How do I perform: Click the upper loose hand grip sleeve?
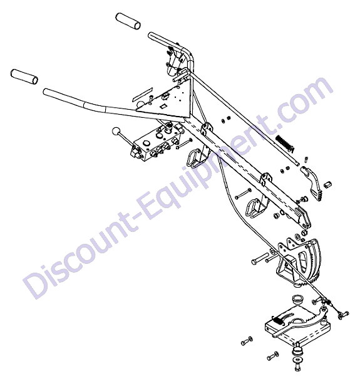click(x=128, y=21)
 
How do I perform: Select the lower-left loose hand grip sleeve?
click(x=24, y=76)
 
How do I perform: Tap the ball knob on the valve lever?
click(x=116, y=132)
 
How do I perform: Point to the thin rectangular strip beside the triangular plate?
click(x=143, y=94)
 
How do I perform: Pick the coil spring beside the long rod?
click(x=285, y=143)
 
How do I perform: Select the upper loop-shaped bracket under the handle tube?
click(x=195, y=159)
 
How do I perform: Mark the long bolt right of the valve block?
click(x=184, y=144)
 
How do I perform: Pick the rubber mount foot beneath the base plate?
click(x=297, y=351)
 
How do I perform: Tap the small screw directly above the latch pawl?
click(x=307, y=160)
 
